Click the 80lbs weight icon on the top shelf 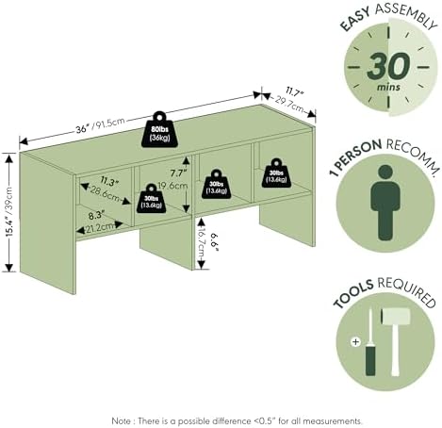pyautogui.click(x=159, y=129)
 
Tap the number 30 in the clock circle pyautogui.click(x=388, y=66)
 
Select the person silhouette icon pyautogui.click(x=385, y=203)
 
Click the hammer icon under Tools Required pyautogui.click(x=395, y=341)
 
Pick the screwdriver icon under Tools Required pyautogui.click(x=370, y=342)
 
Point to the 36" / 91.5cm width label pyautogui.click(x=100, y=125)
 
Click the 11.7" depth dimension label pyautogui.click(x=295, y=92)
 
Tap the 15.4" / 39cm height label pyautogui.click(x=9, y=211)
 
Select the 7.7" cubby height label pyautogui.click(x=178, y=173)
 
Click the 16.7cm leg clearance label pyautogui.click(x=202, y=244)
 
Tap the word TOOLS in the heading pyautogui.click(x=353, y=293)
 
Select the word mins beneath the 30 pyautogui.click(x=388, y=87)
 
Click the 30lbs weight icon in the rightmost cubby pyautogui.click(x=276, y=173)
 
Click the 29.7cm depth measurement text pyautogui.click(x=289, y=105)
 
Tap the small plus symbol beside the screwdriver pyautogui.click(x=355, y=341)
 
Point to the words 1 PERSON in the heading pyautogui.click(x=355, y=156)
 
